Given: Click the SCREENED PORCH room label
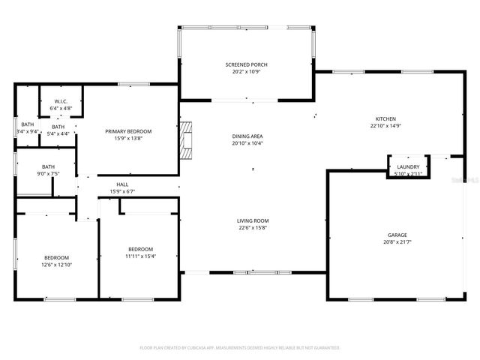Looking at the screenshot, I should coord(246,64).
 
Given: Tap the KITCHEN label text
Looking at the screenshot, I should coord(385,119).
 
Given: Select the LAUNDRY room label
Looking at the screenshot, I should coord(408,166).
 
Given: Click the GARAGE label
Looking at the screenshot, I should coord(397,235).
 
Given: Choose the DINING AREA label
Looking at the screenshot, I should coord(247,136).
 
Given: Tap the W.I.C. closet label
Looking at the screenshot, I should coord(60,101).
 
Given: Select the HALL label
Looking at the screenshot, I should coord(121,184).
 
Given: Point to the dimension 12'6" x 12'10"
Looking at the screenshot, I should coord(56,264).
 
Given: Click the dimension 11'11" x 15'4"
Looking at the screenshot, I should coord(140,256).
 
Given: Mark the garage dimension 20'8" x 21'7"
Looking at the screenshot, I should coord(397,241).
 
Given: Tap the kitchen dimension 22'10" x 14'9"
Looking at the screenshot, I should coord(385,126).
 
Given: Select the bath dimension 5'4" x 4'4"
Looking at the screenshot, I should coord(58,133).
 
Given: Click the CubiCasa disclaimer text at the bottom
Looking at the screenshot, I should coord(240,348).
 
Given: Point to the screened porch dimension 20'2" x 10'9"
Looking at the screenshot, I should coord(246,71).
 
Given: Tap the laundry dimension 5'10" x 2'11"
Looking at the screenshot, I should coord(408,173).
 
